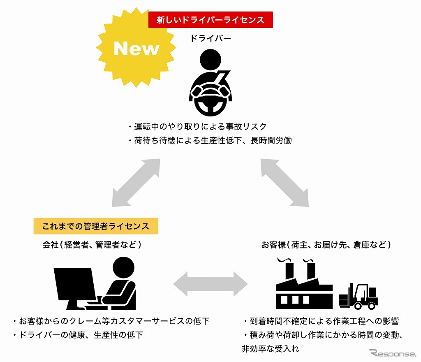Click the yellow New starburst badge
[136, 49]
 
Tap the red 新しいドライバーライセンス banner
[210, 19]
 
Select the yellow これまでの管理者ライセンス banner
[96, 226]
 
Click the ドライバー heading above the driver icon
[210, 39]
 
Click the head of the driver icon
[210, 61]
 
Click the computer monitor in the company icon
[74, 284]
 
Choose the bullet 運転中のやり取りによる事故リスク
[197, 126]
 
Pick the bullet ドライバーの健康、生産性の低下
[78, 335]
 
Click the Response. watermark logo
[393, 353]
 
